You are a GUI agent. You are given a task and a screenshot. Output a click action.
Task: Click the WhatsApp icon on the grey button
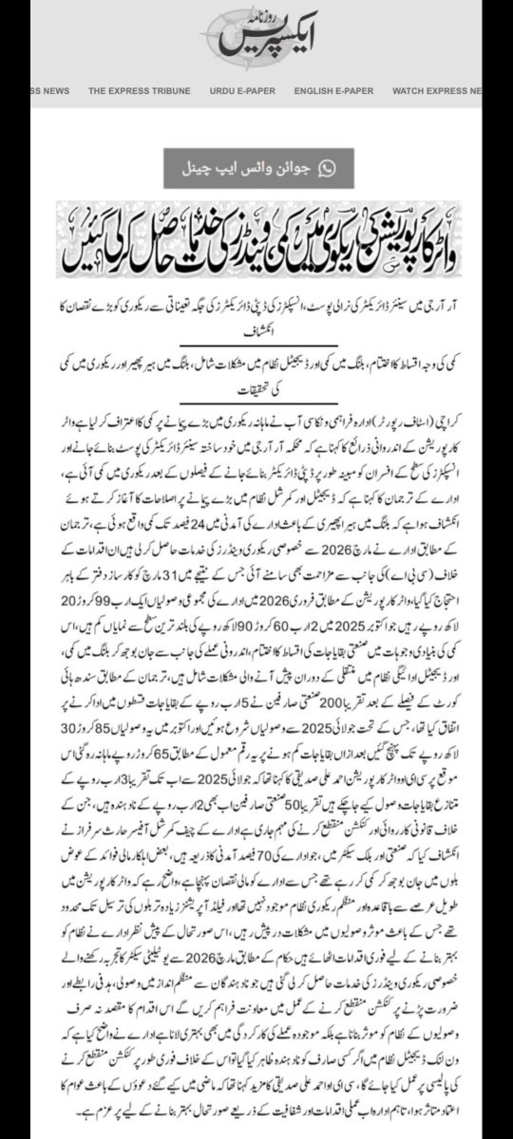tap(327, 168)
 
